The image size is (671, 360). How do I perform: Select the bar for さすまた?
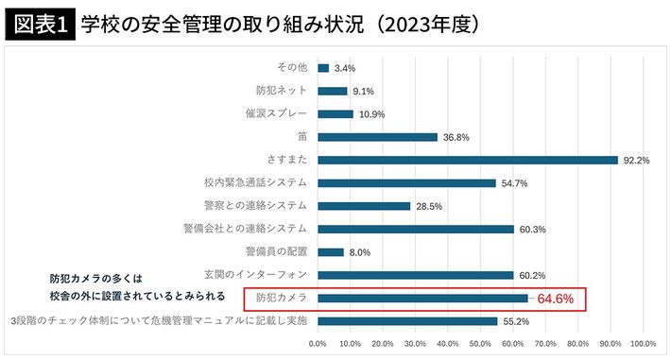pos(468,160)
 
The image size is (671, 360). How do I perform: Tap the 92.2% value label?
pos(635,160)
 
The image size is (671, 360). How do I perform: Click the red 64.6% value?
pos(556,299)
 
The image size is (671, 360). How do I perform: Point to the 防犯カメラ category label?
pos(283,299)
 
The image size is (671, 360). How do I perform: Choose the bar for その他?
pos(323,68)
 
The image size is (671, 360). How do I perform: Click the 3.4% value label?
pos(344,68)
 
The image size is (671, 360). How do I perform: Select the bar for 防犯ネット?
pos(333,91)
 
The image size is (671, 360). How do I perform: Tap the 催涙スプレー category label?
pos(276,113)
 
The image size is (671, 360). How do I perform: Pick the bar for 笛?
pos(378,137)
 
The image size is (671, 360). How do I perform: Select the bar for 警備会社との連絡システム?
pos(416,229)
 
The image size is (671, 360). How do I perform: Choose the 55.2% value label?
pos(515,321)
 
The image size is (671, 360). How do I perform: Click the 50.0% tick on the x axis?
pos(480,342)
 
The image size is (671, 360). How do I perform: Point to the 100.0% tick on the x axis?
pos(643,342)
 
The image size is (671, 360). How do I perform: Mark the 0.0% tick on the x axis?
pos(318,342)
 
